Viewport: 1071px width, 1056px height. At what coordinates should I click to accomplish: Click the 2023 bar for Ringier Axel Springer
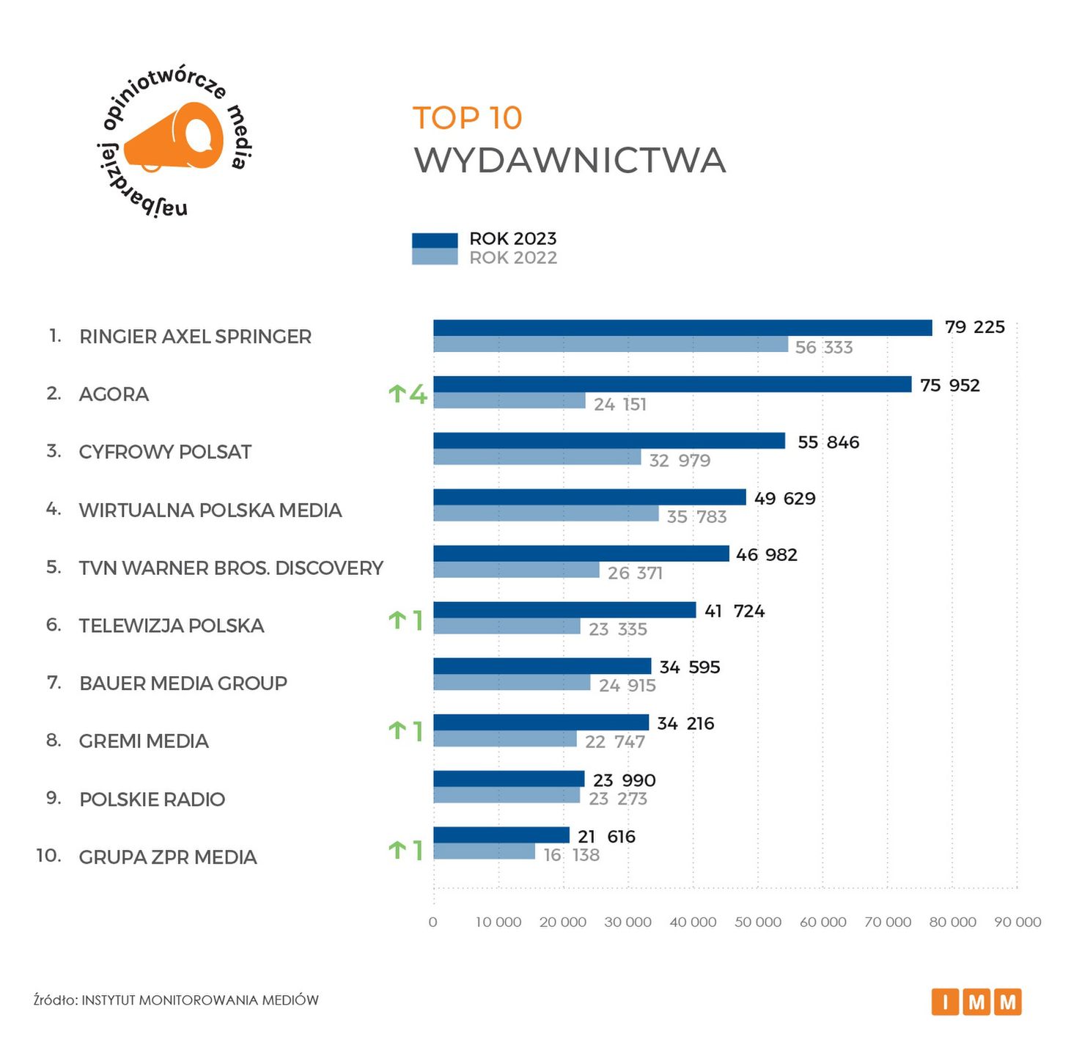point(682,328)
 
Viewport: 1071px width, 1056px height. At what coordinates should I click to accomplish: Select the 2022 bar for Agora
point(509,400)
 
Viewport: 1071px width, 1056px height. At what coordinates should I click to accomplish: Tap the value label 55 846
point(828,442)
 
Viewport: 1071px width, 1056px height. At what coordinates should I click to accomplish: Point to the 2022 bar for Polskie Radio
point(507,795)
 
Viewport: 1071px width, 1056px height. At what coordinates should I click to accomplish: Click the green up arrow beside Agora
point(397,395)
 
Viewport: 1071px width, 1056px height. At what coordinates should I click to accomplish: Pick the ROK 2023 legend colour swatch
point(435,240)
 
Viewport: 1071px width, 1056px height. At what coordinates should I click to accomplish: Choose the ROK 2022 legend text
point(513,258)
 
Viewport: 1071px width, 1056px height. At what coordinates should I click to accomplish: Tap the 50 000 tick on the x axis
point(758,922)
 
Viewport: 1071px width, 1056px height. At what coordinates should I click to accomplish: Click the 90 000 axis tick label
point(1017,922)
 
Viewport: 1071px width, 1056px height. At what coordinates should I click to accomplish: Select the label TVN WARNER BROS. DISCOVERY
point(231,568)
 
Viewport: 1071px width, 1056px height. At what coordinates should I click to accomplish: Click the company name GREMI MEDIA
point(144,741)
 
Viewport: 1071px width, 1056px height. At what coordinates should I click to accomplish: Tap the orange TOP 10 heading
point(468,118)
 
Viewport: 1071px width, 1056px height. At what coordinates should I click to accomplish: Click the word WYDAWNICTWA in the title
point(570,161)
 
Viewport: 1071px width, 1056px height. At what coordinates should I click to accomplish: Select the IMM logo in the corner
point(976,1002)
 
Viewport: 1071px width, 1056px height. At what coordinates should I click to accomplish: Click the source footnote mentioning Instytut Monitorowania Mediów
point(176,1000)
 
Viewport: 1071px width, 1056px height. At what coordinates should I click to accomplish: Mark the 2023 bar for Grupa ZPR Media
point(501,835)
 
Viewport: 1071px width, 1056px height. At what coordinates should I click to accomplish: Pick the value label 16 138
point(571,855)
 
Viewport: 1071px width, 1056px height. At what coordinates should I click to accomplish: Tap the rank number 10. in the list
point(48,856)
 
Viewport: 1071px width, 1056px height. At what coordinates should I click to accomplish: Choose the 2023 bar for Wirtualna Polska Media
point(589,497)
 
